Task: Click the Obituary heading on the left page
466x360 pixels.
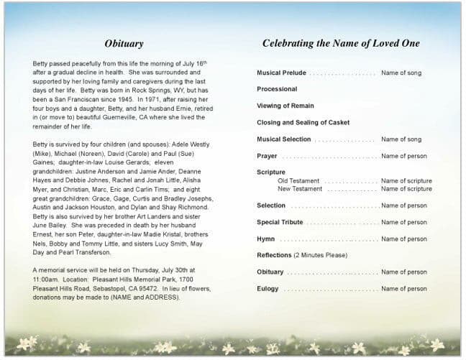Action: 124,44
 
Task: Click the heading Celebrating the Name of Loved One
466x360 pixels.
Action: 341,44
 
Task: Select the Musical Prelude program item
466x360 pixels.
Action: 281,73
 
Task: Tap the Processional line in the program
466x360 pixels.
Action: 277,89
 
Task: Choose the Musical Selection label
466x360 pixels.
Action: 284,139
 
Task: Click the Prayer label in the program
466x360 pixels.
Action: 267,156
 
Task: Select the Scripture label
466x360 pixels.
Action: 271,172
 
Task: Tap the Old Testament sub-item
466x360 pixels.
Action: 299,181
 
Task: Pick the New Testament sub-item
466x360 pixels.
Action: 300,189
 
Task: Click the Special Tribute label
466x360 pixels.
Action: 280,223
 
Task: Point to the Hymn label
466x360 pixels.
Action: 265,239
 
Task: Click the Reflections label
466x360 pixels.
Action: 274,256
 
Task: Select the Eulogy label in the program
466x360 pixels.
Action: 268,289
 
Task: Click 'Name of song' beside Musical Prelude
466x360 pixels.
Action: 401,73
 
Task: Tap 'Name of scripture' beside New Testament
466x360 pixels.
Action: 406,189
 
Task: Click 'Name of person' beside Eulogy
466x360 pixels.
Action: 403,289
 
